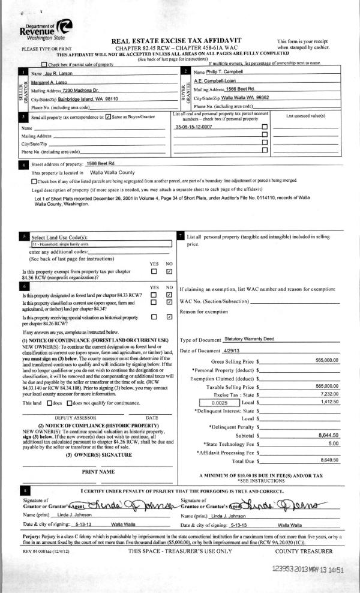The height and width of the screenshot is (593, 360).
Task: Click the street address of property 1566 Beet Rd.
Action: pyautogui.click(x=100, y=163)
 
